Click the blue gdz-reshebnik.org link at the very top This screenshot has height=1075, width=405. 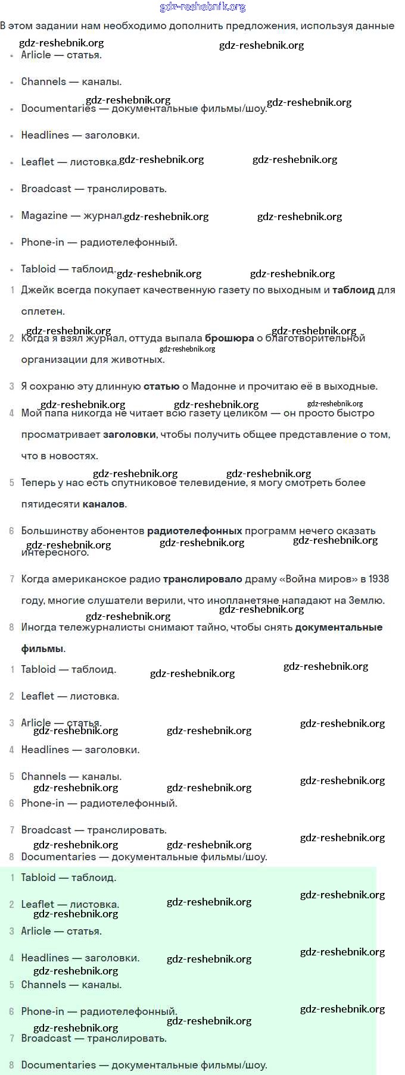click(202, 7)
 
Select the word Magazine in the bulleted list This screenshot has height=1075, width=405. click(44, 215)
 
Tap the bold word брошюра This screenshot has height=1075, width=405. click(229, 338)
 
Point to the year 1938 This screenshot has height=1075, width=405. click(379, 579)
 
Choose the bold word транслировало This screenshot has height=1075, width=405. click(202, 579)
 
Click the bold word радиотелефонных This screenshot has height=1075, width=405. click(194, 531)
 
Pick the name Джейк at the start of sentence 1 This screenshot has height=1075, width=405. click(36, 290)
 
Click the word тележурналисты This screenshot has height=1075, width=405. click(101, 627)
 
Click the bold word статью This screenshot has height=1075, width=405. click(161, 386)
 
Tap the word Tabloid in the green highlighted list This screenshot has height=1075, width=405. click(38, 877)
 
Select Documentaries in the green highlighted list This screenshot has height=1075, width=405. click(58, 1065)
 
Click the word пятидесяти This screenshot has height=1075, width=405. click(50, 504)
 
